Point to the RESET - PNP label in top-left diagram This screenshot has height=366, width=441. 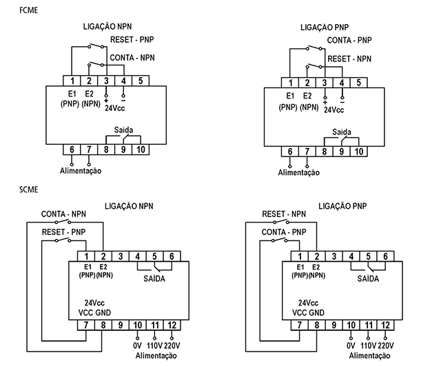[132, 41]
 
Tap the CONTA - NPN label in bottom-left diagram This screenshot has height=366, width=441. [63, 214]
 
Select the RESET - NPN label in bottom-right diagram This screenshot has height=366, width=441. [285, 214]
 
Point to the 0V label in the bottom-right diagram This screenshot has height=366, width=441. [351, 345]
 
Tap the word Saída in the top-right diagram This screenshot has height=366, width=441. [341, 131]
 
